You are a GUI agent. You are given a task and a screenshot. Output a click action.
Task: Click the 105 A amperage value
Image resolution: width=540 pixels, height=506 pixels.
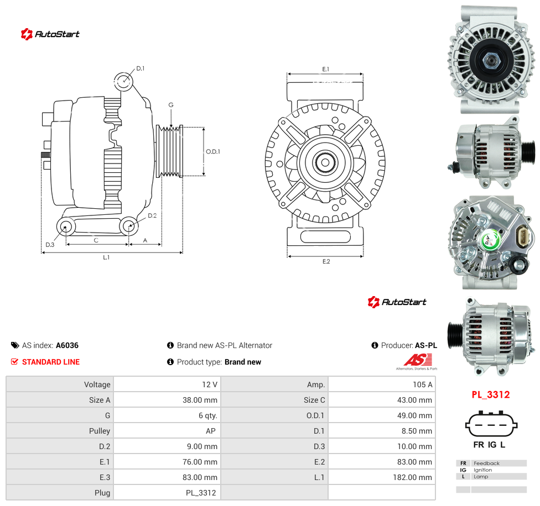tap(423, 384)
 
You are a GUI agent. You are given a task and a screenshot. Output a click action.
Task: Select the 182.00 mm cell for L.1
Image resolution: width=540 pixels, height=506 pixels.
tap(412, 477)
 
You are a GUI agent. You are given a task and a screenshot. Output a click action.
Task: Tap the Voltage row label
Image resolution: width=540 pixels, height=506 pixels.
tap(97, 384)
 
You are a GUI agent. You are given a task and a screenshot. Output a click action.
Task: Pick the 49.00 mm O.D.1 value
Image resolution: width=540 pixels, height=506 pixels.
tap(414, 415)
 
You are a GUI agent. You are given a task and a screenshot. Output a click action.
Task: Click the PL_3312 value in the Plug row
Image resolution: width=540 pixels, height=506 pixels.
tap(201, 493)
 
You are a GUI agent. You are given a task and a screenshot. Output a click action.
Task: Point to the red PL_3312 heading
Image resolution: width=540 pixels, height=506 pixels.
tap(491, 394)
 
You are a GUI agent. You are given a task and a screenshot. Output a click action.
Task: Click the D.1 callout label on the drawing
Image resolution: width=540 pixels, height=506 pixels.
tap(140, 68)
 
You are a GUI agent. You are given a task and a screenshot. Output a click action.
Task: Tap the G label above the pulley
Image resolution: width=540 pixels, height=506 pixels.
tap(171, 105)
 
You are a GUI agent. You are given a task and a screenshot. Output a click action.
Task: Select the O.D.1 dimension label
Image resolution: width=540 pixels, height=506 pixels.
tap(213, 151)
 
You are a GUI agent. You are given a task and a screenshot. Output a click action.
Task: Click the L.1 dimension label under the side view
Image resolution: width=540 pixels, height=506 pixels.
tap(106, 257)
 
